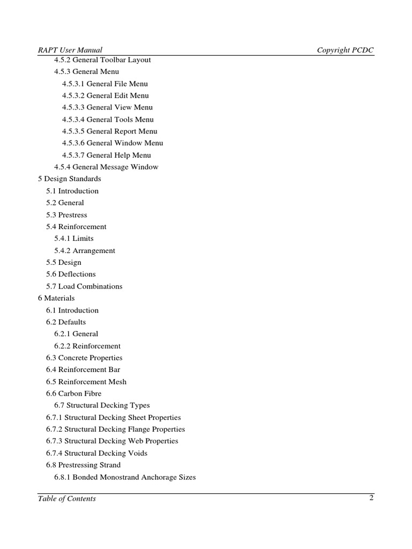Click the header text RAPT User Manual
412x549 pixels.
(70, 50)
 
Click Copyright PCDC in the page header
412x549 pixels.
(345, 50)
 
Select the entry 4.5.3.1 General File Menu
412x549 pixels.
(105, 84)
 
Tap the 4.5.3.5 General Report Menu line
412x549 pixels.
(109, 131)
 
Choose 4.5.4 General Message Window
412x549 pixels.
(106, 167)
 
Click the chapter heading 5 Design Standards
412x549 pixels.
(69, 179)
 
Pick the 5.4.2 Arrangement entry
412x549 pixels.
(85, 250)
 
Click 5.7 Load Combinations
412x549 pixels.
(84, 286)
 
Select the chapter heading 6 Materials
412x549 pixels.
(56, 298)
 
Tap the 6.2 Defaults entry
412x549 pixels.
(66, 322)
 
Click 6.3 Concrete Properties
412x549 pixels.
(84, 358)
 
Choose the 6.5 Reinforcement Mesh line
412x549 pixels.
(86, 382)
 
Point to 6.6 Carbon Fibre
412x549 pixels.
(73, 394)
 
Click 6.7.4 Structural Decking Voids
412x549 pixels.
(97, 453)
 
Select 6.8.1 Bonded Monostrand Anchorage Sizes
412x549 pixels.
(125, 477)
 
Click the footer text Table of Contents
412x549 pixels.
(67, 499)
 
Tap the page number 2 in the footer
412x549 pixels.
(371, 498)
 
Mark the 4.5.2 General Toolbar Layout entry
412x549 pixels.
(102, 60)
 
